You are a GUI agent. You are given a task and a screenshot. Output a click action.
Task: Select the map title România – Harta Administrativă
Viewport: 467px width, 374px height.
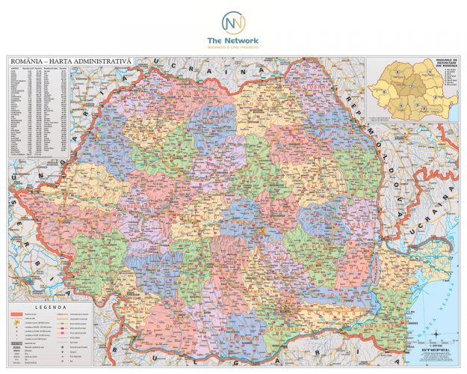click(x=70, y=59)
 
